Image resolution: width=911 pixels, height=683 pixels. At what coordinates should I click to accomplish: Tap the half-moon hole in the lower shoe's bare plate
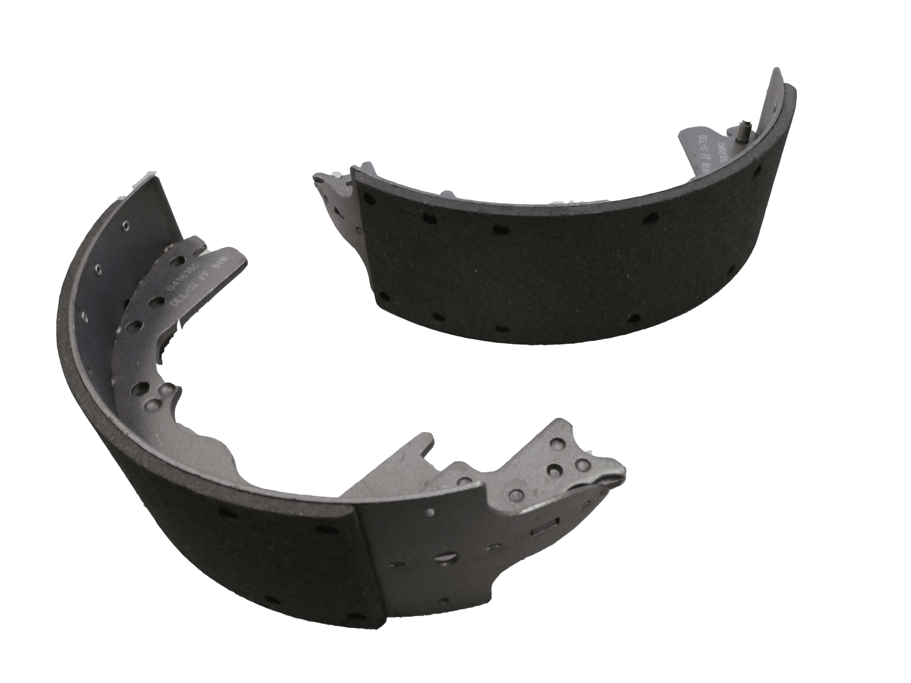point(445,556)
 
